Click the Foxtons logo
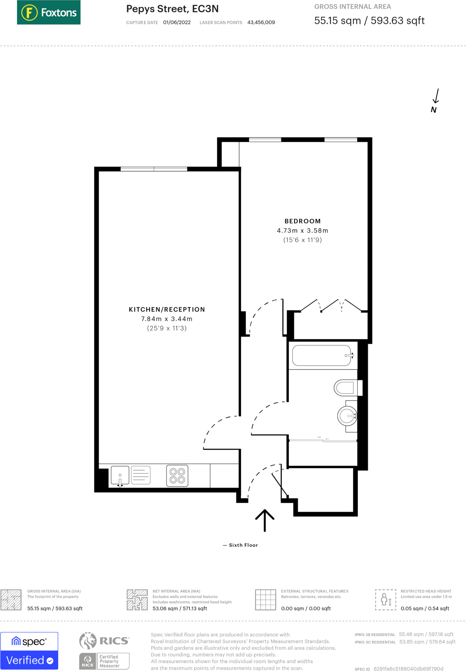point(49,12)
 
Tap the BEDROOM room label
point(302,221)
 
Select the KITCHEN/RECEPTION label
point(167,309)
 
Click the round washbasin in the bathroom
point(347,416)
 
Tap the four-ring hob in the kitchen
point(177,476)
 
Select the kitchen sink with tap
point(120,476)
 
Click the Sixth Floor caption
point(243,545)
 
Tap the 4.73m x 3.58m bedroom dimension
point(302,231)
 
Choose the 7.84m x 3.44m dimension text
point(167,319)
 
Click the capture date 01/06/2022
point(177,22)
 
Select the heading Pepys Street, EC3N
point(172,9)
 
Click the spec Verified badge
point(29,651)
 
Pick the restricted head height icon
point(386,600)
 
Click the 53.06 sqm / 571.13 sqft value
point(180,608)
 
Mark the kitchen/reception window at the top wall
point(154,169)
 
